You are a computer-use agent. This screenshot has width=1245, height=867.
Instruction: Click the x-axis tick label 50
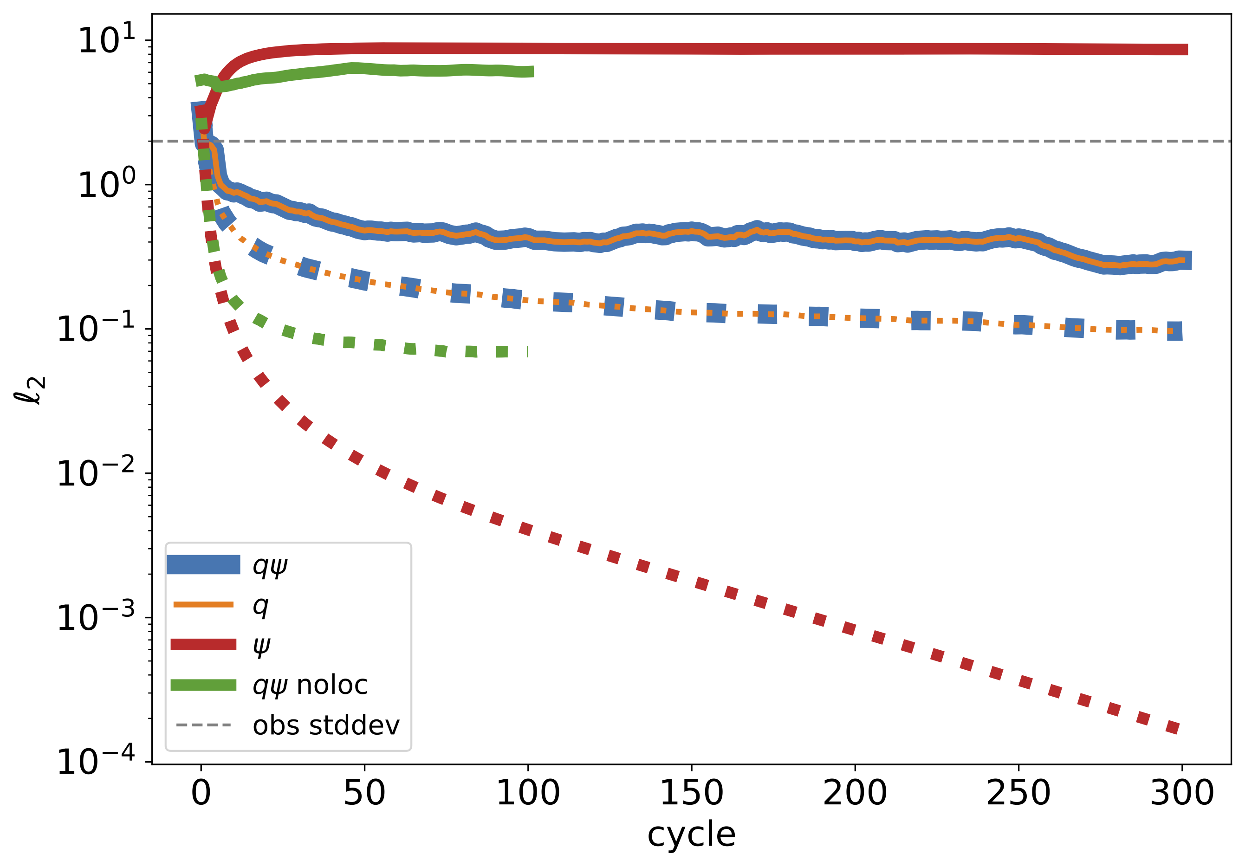(364, 794)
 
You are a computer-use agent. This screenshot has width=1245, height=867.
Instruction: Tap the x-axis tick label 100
(528, 794)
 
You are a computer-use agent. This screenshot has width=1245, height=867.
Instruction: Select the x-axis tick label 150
(691, 794)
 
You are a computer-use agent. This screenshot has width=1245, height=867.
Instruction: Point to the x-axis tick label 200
(855, 794)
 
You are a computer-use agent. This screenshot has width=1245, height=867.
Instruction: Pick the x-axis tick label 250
(1018, 794)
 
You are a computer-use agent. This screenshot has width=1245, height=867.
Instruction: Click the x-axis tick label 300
(1182, 794)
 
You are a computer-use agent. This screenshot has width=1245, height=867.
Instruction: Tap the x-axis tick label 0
(201, 794)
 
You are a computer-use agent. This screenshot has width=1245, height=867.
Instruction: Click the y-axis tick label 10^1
(106, 40)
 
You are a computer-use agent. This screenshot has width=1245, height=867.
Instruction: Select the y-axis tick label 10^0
(106, 184)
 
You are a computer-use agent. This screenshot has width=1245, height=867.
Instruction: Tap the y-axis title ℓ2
(30, 390)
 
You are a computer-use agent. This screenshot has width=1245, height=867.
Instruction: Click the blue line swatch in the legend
(203, 564)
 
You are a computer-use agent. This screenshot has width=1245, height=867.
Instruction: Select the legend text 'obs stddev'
(326, 725)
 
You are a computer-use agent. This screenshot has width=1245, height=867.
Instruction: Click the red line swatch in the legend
(203, 645)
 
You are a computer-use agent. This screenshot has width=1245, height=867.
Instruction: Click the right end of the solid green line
(532, 71)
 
